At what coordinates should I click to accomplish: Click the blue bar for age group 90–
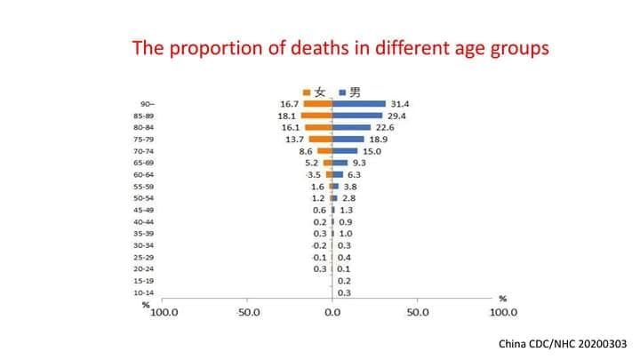coord(359,104)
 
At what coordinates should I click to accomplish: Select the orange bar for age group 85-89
coord(316,116)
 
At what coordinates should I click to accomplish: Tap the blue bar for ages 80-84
coord(351,127)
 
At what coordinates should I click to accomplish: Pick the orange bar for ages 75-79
coord(320,139)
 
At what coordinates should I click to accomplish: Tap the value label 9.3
coord(359,163)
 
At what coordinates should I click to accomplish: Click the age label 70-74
coord(144,151)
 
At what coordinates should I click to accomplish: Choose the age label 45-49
coord(144,210)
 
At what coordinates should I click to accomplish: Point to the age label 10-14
coord(144,292)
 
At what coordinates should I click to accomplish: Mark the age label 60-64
coord(144,174)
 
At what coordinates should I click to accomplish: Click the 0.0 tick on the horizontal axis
coord(332,313)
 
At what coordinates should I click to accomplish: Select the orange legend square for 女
coord(307,92)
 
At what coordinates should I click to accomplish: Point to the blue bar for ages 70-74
coord(345,151)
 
